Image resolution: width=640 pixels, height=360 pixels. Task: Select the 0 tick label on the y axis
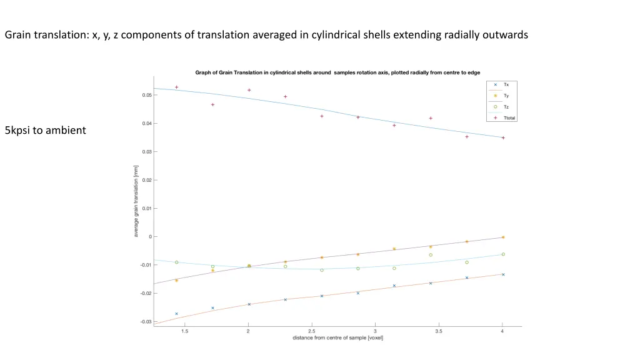point(149,237)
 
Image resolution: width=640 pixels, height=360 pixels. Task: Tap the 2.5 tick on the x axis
point(311,331)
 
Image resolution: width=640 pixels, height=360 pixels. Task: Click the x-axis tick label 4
point(502,331)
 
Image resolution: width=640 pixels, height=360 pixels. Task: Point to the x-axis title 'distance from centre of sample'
point(337,338)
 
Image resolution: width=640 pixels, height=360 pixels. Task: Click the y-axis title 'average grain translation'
point(136,201)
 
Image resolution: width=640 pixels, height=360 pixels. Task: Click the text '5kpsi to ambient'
point(45,131)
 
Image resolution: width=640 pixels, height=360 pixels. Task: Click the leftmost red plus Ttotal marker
point(177,87)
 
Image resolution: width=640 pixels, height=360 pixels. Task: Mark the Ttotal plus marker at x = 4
point(503,137)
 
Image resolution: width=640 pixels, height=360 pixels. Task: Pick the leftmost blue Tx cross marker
point(177,314)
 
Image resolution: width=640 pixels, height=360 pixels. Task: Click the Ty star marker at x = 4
point(503,237)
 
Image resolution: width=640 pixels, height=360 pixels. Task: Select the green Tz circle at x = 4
point(503,254)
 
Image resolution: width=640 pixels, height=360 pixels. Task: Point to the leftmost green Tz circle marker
point(177,262)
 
